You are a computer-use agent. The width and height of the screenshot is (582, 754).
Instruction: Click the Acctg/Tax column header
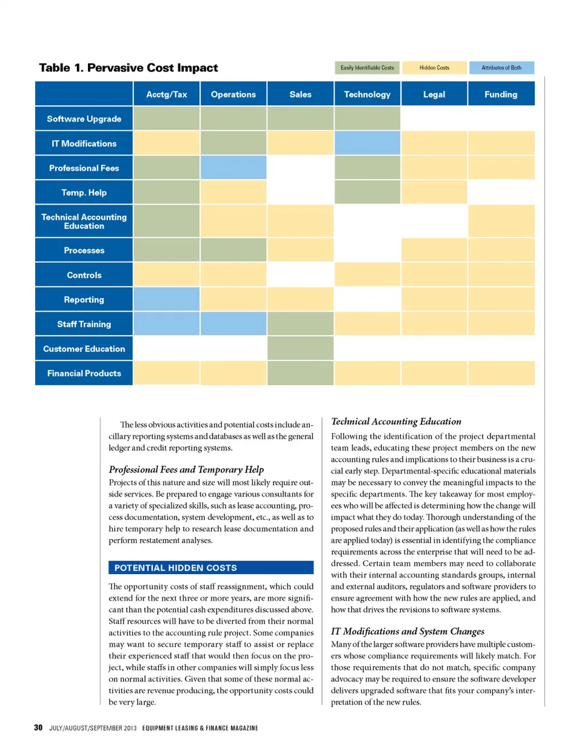[x=167, y=94]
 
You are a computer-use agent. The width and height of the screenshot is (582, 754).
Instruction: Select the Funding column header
[x=501, y=94]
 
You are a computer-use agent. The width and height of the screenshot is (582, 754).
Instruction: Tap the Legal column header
[x=434, y=94]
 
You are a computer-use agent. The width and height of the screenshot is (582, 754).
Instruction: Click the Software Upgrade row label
[x=84, y=119]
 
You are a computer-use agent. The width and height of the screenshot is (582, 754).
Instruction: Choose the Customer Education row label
[x=84, y=349]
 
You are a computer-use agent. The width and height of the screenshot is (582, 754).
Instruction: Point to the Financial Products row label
[x=84, y=373]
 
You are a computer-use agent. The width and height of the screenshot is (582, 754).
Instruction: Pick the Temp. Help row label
[x=84, y=193]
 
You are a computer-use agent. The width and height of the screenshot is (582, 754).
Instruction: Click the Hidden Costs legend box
[x=435, y=68]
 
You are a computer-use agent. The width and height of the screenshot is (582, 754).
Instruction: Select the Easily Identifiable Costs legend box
[x=367, y=68]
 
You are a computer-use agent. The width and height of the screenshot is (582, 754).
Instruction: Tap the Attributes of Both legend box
[x=501, y=68]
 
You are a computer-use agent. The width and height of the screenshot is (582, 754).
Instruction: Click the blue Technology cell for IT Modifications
[x=367, y=144]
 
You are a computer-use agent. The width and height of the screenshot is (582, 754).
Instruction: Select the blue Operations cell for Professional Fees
[x=233, y=168]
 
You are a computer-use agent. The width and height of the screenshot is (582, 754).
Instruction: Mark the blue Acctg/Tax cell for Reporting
[x=167, y=299]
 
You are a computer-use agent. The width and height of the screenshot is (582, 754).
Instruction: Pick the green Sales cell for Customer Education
[x=300, y=349]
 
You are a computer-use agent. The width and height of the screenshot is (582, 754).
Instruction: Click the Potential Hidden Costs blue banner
[x=211, y=567]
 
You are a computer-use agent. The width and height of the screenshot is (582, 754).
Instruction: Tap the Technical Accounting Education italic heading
[x=396, y=422]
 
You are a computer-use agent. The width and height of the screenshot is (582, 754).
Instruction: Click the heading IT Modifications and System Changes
[x=407, y=631]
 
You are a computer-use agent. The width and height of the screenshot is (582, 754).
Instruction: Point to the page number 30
[x=38, y=727]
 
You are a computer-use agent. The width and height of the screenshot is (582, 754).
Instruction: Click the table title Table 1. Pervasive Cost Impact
[x=129, y=68]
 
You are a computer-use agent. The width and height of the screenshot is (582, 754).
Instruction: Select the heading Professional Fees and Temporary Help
[x=186, y=469]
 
